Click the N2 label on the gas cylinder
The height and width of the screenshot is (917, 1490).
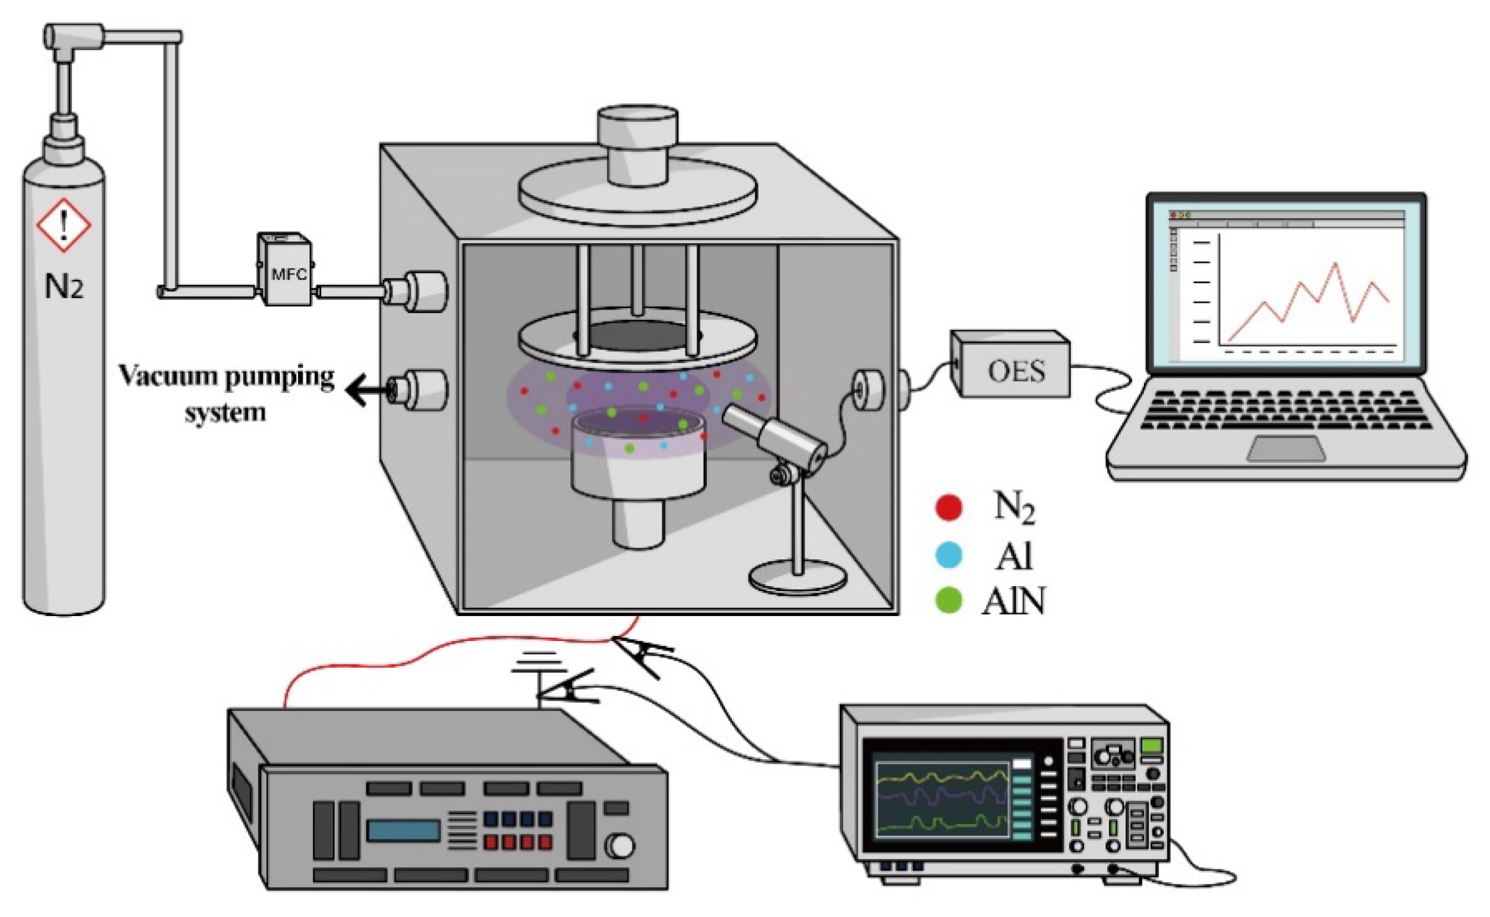63,286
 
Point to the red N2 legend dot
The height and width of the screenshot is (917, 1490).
948,508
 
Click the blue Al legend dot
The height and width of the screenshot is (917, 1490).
948,555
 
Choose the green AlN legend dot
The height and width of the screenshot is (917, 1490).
948,600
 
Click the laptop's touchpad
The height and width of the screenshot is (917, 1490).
1286,449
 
